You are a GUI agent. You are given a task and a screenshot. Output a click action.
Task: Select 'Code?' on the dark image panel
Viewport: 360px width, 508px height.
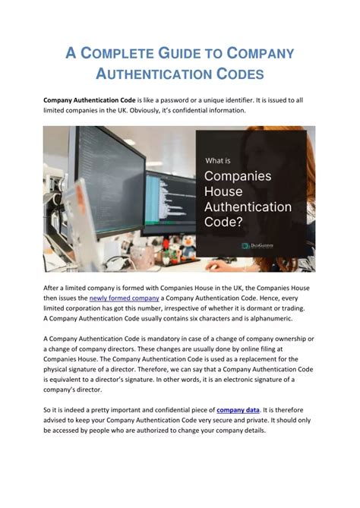tap(225, 222)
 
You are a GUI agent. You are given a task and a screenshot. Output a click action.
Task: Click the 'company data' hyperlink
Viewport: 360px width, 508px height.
tap(238, 410)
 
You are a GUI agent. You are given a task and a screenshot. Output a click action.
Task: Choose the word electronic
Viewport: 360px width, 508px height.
tap(225, 379)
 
